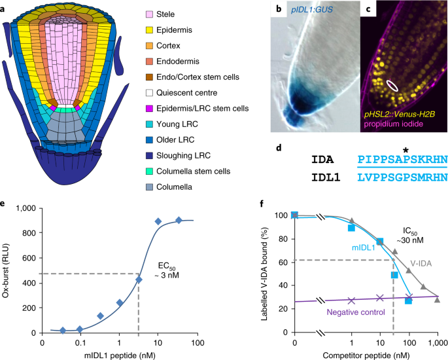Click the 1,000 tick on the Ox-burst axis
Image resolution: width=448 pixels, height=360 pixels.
tap(25, 208)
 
